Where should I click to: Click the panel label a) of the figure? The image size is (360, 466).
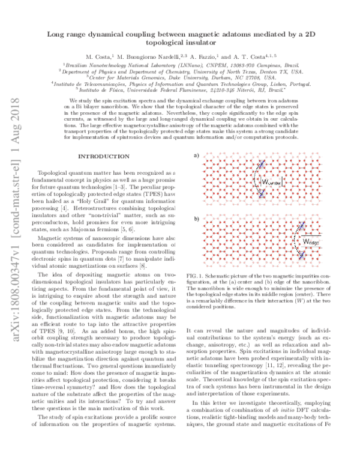[196, 156]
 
